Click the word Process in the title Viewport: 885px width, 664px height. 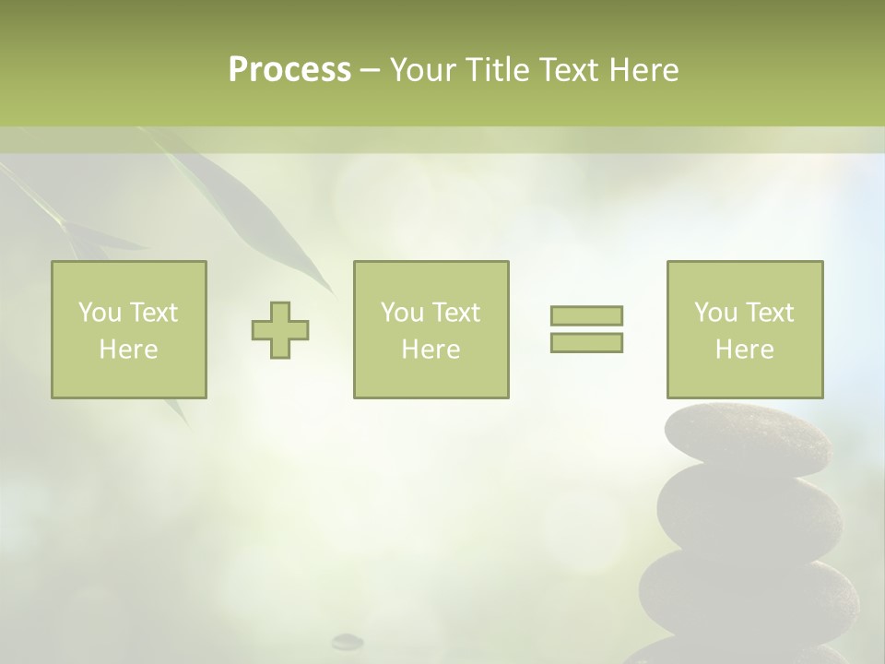289,70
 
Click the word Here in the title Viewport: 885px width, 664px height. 643,70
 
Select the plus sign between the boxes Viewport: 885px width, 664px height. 280,329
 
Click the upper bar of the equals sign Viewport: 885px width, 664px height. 586,315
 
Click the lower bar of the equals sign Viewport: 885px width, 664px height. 586,343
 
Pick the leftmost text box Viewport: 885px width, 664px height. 129,329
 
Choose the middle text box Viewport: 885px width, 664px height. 431,329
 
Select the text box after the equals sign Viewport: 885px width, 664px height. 745,329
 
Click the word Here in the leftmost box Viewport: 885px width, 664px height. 128,350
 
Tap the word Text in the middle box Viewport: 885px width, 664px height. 456,313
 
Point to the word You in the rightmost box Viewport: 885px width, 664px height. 715,313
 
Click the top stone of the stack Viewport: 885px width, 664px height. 747,438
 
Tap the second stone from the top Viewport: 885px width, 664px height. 749,512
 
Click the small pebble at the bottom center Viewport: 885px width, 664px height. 348,640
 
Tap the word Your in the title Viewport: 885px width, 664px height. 424,70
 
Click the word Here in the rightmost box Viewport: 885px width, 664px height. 744,350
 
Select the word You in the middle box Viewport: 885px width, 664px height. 402,313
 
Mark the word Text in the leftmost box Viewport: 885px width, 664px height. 154,313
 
